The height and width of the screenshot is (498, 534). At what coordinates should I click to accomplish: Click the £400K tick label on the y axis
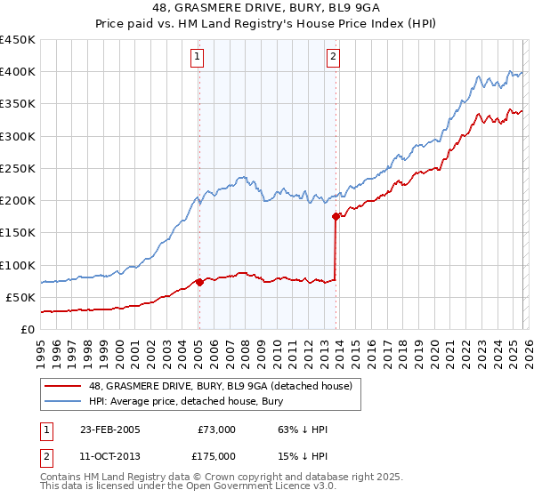pyautogui.click(x=17, y=72)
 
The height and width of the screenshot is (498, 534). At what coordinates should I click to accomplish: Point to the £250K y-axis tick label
pyautogui.click(x=17, y=168)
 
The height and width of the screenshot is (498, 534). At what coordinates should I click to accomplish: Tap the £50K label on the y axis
pyautogui.click(x=20, y=297)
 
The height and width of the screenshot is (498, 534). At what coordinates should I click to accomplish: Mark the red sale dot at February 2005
pyautogui.click(x=199, y=282)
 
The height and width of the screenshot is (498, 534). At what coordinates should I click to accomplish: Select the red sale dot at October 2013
pyautogui.click(x=336, y=216)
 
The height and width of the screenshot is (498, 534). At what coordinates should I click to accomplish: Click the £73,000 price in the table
pyautogui.click(x=216, y=430)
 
